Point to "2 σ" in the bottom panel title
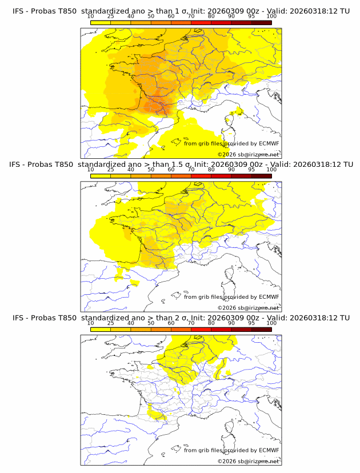pyautogui.click(x=174, y=318)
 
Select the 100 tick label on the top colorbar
pyautogui.click(x=271, y=17)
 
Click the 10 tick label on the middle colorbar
pyautogui.click(x=90, y=170)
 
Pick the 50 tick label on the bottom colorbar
pyautogui.click(x=151, y=323)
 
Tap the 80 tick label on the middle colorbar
pyautogui.click(x=211, y=170)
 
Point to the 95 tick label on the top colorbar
pyautogui.click(x=251, y=17)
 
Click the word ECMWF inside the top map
pyautogui.click(x=269, y=143)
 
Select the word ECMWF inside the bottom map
pyautogui.click(x=269, y=450)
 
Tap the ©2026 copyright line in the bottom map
pyautogui.click(x=249, y=461)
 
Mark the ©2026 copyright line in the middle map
pyautogui.click(x=249, y=308)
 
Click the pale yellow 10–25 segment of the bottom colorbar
pyautogui.click(x=101, y=329)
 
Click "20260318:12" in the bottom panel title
pyautogui.click(x=316, y=318)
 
